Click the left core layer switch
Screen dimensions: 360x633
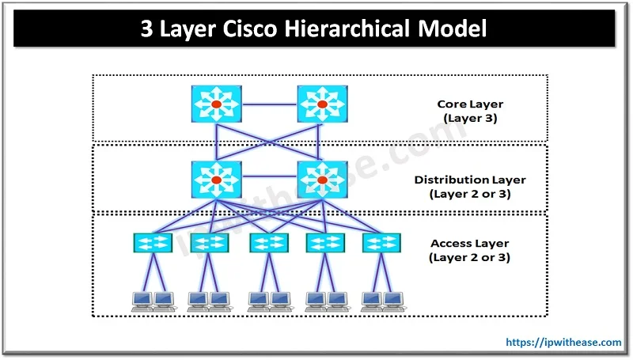coord(215,104)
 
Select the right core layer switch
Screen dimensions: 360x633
coord(321,104)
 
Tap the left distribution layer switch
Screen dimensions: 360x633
coord(215,180)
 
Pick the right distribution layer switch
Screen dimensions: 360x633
coord(321,180)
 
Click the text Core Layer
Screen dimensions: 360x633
coord(470,104)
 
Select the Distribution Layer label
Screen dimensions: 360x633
coord(470,180)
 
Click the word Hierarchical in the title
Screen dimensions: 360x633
coord(353,30)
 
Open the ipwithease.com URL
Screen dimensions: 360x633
coord(563,343)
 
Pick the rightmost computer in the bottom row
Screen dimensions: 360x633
coord(394,300)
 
